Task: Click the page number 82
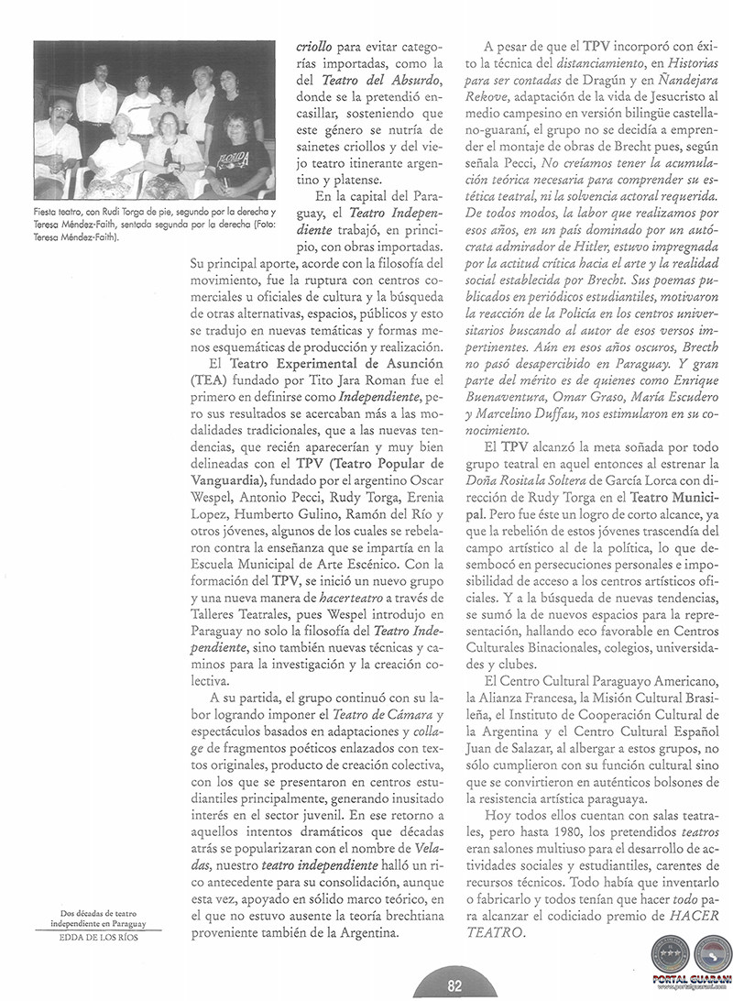tap(454, 985)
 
